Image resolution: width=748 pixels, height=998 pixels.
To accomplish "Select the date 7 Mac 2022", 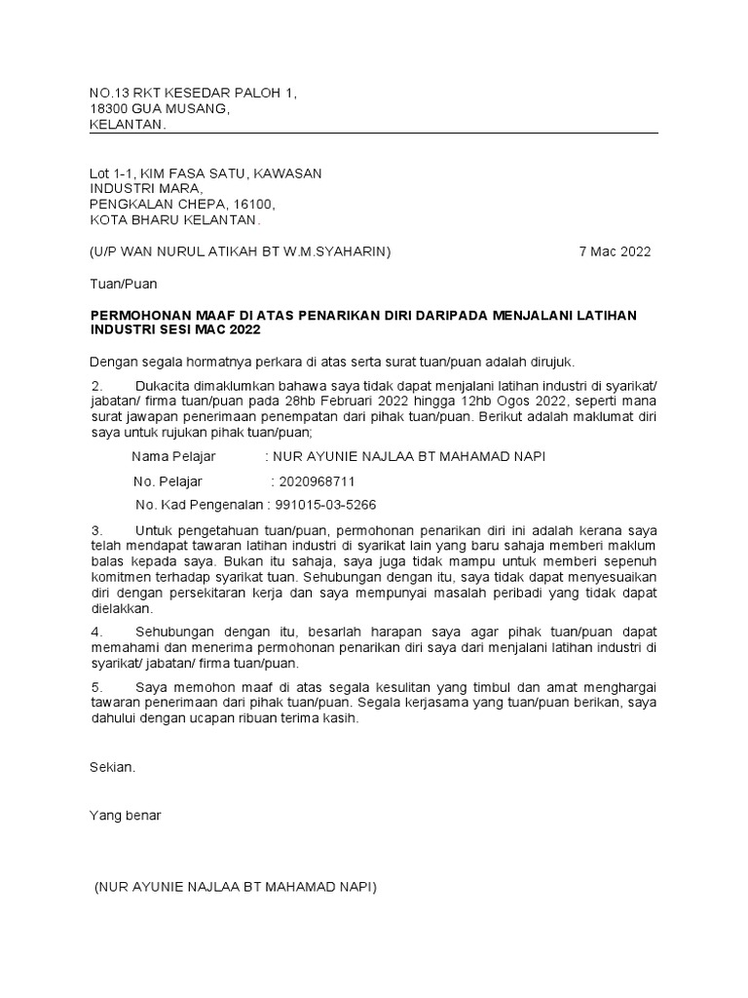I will coord(615,251).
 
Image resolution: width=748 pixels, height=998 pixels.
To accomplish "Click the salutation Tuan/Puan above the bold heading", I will coord(123,284).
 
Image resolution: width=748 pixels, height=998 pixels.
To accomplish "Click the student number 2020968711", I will coord(317,481).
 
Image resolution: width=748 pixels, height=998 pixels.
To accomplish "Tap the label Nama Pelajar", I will coord(173,457).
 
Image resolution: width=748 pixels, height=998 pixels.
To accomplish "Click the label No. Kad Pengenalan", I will coord(200,505).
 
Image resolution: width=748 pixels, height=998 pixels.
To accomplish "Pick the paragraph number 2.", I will coord(94,387).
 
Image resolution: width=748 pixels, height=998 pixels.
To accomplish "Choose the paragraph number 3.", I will coord(94,529).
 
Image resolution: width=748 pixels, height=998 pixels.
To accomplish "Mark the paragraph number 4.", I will coord(94,632).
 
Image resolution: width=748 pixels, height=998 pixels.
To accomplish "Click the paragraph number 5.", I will coord(94,687).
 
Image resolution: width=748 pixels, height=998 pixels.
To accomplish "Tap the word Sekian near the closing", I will coord(112,767).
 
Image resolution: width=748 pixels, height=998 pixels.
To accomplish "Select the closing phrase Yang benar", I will coord(126,815).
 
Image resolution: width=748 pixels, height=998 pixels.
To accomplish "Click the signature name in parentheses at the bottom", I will coord(235,887).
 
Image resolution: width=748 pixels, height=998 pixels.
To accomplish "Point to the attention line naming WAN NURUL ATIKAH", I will coord(240,251).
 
